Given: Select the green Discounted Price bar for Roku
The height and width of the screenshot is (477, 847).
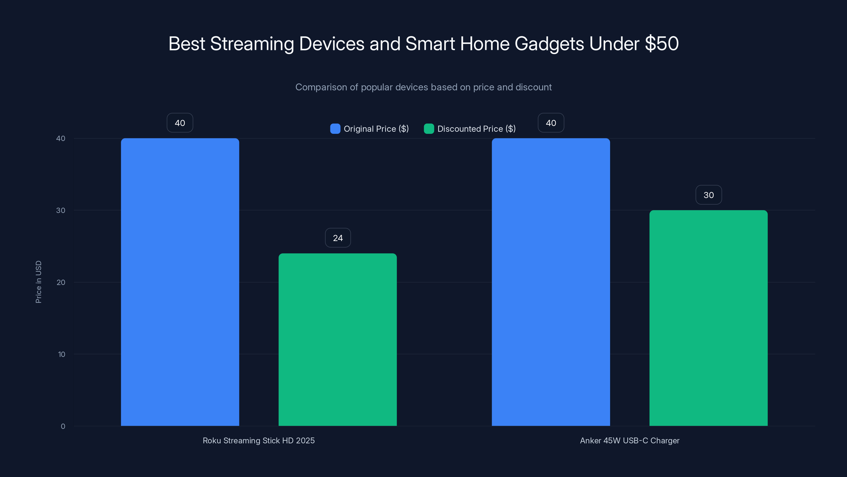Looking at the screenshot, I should click(x=338, y=339).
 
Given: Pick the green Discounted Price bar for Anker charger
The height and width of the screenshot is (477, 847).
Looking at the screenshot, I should click(x=709, y=318).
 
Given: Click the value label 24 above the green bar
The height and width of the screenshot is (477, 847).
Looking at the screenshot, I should click(x=338, y=238).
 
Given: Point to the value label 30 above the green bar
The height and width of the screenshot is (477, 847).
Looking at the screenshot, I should click(x=709, y=195).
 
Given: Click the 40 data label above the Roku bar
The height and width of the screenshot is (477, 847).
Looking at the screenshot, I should click(x=180, y=123).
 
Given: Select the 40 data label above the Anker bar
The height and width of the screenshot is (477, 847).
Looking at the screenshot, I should click(x=551, y=123).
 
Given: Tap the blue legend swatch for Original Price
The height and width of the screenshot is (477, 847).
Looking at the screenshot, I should click(x=335, y=129).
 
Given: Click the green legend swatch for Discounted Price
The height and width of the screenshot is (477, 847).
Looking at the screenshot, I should click(x=429, y=129).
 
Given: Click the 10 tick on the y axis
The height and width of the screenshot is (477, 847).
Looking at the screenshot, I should click(x=61, y=354).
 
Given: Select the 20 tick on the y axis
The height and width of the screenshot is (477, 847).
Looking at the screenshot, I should click(x=61, y=282).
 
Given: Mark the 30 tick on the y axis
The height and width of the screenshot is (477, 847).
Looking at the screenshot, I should click(x=61, y=210).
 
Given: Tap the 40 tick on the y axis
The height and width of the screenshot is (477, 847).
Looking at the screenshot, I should click(x=61, y=138).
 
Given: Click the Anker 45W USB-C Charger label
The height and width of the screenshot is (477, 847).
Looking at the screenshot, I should click(x=629, y=440).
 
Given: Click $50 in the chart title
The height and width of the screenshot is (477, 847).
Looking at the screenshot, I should click(x=661, y=43).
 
